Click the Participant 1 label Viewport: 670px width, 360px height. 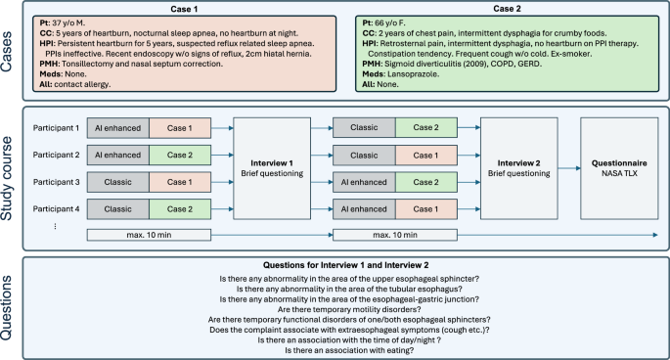55,128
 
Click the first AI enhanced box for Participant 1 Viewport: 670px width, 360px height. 118,128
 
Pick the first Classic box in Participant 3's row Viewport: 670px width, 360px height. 118,183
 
